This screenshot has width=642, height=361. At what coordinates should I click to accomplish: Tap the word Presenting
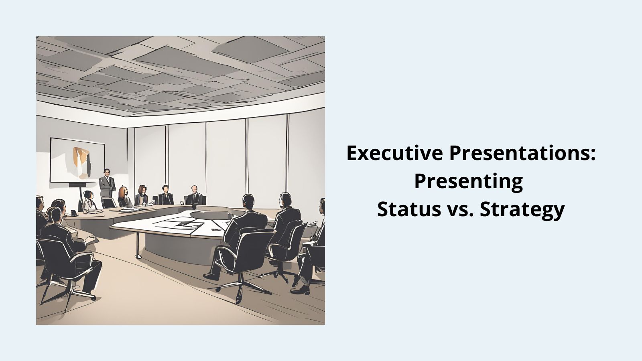point(468,181)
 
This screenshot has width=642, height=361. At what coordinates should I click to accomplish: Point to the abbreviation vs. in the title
point(460,209)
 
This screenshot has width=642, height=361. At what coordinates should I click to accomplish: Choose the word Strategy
point(522,210)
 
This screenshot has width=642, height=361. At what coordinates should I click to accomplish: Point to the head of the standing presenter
point(107,172)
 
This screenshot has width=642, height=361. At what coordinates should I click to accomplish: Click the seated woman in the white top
point(89,201)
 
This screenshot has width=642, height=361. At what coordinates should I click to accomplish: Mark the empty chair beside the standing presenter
point(108,203)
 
